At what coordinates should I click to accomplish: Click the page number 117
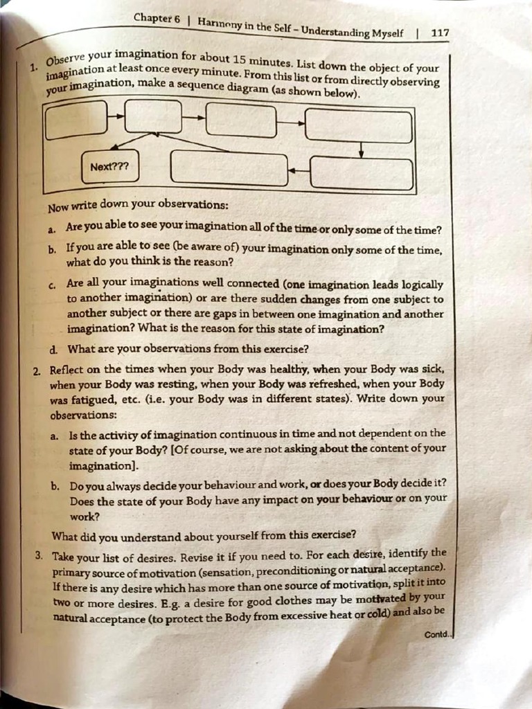440,33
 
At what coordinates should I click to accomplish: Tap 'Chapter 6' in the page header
157,19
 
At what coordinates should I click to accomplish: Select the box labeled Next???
109,167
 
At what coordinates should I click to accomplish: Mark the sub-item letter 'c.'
53,284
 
